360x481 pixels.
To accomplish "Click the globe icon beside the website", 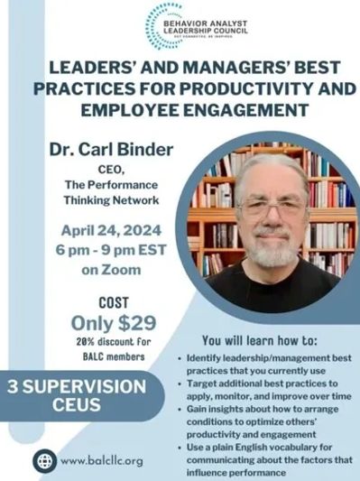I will [x=43, y=460].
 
